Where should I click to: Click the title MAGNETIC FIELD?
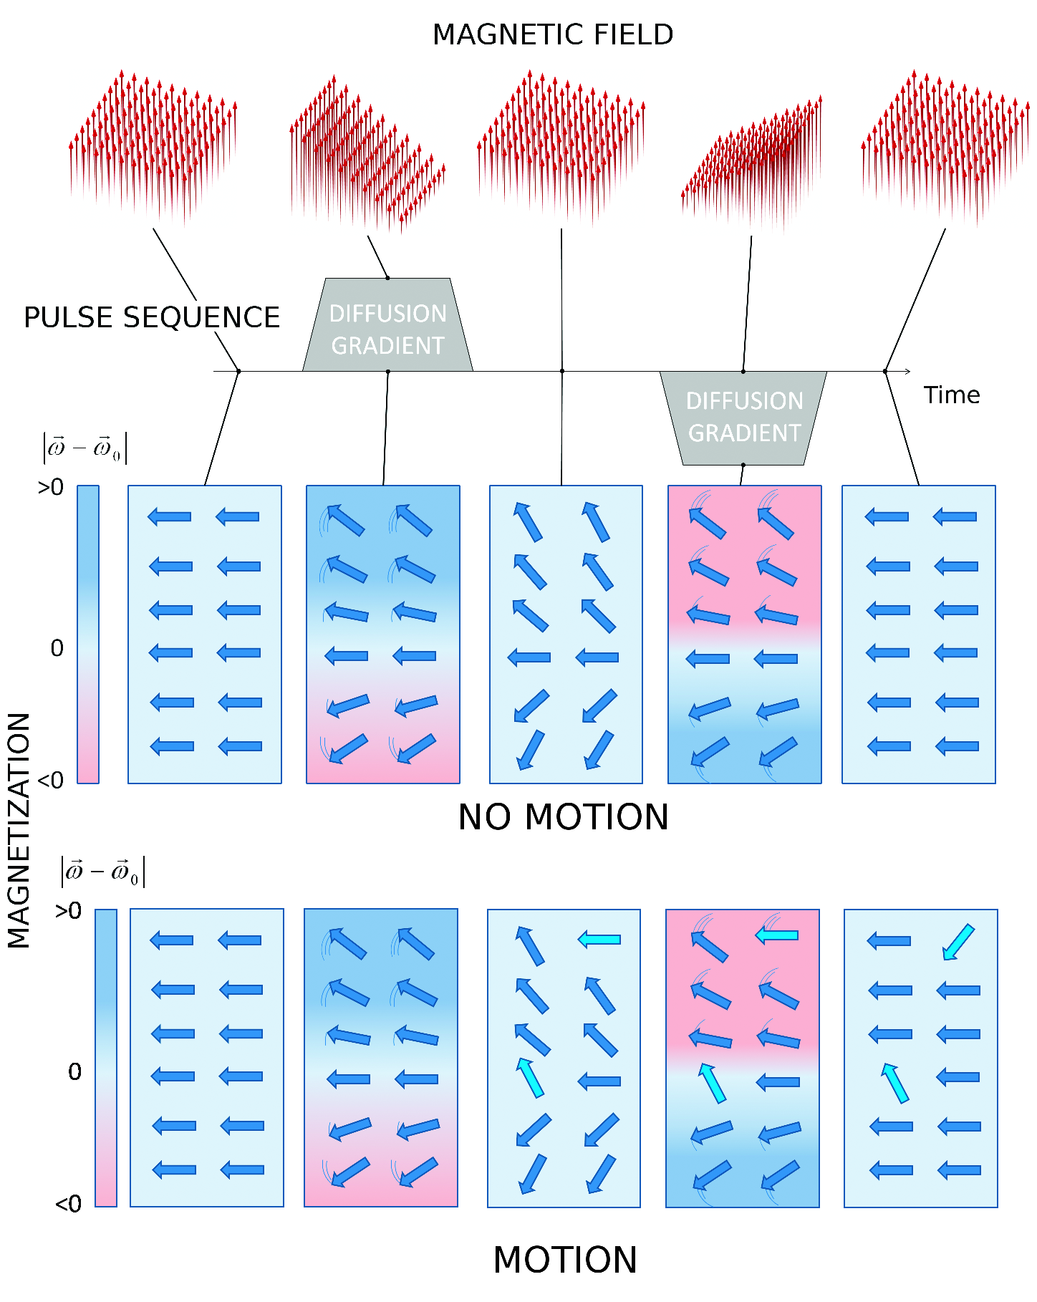click(553, 34)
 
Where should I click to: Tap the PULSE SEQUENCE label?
click(152, 317)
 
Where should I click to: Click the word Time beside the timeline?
click(951, 395)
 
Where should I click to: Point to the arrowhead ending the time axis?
click(907, 371)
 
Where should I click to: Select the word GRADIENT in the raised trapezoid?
click(388, 346)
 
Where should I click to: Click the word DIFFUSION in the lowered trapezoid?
click(744, 401)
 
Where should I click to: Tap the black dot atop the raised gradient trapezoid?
click(387, 278)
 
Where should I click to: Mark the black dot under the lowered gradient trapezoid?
click(743, 465)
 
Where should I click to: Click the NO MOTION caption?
click(563, 817)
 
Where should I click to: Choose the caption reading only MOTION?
click(565, 1260)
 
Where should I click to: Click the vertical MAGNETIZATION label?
click(19, 831)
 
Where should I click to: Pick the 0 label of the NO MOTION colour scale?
click(57, 648)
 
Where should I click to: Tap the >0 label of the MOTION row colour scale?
click(69, 911)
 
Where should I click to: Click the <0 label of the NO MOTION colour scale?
click(51, 780)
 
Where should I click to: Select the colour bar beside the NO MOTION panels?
click(87, 635)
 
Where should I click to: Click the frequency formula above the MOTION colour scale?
click(102, 872)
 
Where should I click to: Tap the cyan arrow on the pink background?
click(777, 935)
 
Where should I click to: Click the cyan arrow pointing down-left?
click(958, 942)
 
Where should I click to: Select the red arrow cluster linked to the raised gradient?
click(367, 154)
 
